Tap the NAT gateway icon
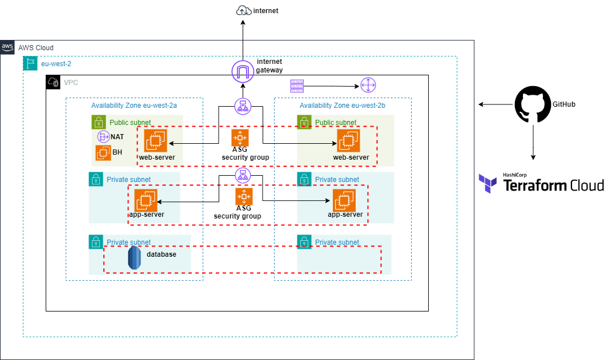click(x=103, y=137)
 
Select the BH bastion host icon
click(x=103, y=152)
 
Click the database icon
click(x=134, y=258)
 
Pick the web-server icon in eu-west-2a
click(x=155, y=141)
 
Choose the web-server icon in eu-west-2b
click(x=348, y=141)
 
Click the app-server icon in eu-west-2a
click(x=146, y=200)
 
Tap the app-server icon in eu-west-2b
click(x=344, y=200)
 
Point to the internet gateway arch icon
click(x=243, y=72)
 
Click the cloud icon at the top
click(x=244, y=11)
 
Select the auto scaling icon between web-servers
click(x=240, y=138)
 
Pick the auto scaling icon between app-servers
click(x=244, y=197)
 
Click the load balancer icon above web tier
click(x=243, y=106)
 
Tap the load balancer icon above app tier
click(x=243, y=175)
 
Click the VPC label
click(x=71, y=83)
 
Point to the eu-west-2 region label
click(x=56, y=64)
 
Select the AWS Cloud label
click(x=35, y=48)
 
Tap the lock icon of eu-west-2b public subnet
click(x=304, y=122)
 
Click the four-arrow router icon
click(x=368, y=86)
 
